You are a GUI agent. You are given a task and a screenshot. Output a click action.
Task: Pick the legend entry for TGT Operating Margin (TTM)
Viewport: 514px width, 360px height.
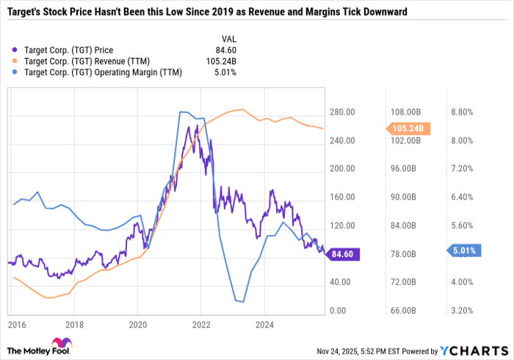[99, 72]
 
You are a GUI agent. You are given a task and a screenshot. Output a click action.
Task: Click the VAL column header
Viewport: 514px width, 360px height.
[229, 39]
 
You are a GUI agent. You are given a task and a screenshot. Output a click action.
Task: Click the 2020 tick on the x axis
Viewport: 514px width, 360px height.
[138, 323]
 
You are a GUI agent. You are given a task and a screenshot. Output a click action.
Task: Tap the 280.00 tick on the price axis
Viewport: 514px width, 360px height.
[342, 112]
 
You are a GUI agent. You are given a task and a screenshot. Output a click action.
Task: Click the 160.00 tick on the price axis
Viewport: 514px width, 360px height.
[342, 198]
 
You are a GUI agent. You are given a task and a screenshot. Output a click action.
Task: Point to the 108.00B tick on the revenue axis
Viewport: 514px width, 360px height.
[405, 112]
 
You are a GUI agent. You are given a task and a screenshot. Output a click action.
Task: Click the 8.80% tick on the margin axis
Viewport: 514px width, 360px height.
[462, 112]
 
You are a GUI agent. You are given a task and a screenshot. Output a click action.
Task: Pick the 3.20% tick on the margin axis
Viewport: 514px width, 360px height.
[462, 311]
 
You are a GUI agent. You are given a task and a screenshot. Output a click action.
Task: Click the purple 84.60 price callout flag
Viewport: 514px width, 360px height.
[342, 254]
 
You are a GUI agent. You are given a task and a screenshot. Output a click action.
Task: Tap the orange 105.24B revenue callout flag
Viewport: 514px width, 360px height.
[405, 129]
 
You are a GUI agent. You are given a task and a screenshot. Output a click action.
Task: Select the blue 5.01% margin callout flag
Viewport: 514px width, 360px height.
[463, 251]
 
